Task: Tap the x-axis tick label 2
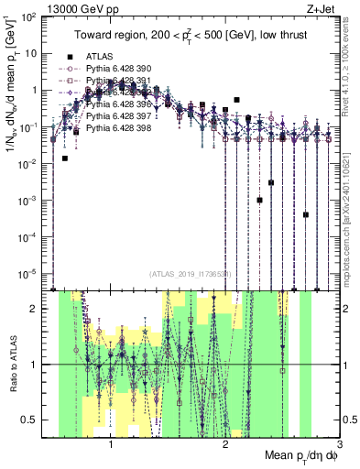pyautogui.click(x=225, y=443)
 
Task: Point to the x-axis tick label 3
pyautogui.click(x=339, y=443)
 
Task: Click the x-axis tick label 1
pyautogui.click(x=111, y=443)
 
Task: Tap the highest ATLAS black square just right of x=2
pyautogui.click(x=236, y=99)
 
